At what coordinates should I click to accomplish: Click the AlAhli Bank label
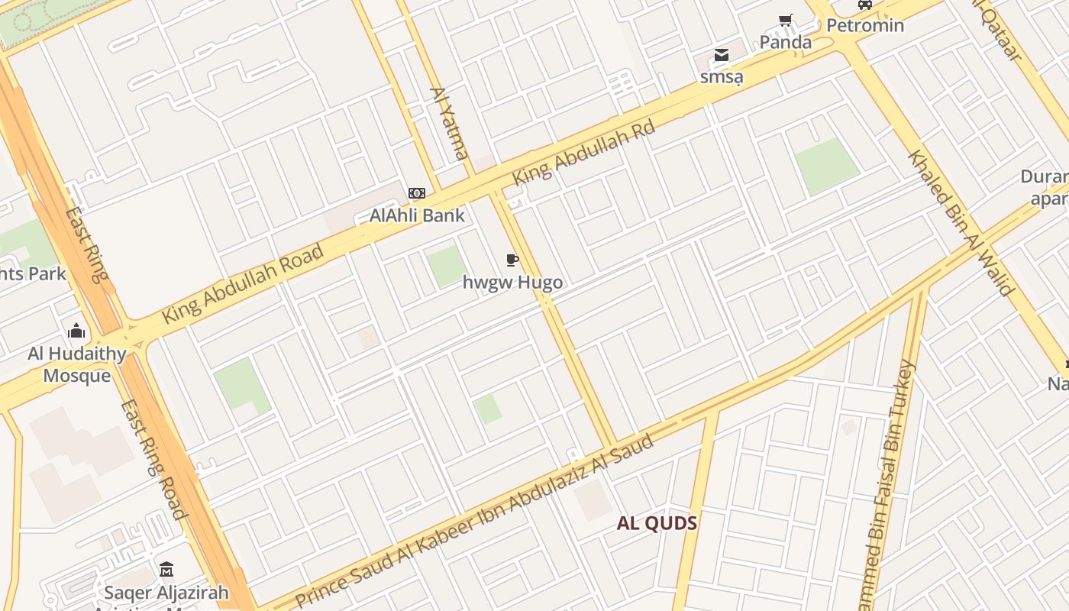point(417,215)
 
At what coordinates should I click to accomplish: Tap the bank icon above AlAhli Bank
point(416,193)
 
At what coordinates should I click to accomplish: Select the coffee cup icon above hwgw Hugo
point(512,260)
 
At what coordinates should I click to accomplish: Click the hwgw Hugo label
point(512,283)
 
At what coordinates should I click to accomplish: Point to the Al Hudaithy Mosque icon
point(76,331)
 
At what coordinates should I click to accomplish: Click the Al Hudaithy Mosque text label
point(76,364)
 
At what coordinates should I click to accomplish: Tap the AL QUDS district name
point(657,524)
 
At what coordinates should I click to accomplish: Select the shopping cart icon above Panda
point(785,21)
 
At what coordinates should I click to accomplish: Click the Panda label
point(785,42)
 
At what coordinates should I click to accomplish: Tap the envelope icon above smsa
point(722,55)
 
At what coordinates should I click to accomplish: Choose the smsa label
point(722,77)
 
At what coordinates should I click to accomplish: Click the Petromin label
point(865,26)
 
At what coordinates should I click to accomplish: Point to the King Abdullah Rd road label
point(584,152)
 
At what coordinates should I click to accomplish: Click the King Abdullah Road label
point(243,283)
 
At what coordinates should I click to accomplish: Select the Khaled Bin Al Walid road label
point(961,222)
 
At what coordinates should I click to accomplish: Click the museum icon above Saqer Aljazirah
point(166,570)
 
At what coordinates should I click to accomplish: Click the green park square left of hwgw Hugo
point(445,267)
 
